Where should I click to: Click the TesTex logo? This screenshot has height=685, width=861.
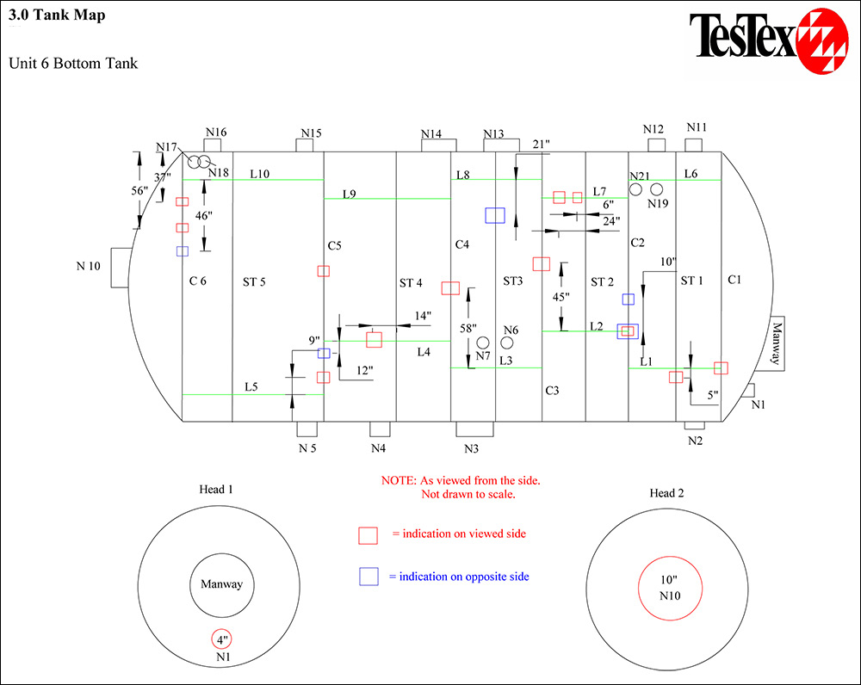point(769,40)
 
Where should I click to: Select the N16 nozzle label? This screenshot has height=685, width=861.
point(216,133)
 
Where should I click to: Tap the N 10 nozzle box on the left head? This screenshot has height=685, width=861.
point(121,268)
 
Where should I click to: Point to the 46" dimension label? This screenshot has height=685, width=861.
point(204,216)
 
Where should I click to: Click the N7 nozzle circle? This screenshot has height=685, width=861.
point(483,342)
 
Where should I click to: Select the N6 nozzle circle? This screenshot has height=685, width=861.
point(507,342)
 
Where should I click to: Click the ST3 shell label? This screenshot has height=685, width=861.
point(513,281)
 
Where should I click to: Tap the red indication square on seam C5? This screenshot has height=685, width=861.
point(324,271)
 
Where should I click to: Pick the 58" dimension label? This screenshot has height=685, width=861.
point(468,328)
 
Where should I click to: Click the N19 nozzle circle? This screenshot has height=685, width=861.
point(657,189)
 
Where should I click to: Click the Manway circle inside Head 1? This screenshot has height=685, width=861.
point(222,554)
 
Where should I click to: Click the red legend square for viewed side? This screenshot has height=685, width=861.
point(368,535)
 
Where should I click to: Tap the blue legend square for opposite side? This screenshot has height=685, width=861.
point(369,577)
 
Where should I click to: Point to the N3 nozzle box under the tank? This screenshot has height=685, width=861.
point(474,429)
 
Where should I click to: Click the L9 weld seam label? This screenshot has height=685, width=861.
point(350,194)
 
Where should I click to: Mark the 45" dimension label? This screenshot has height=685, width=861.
point(561,297)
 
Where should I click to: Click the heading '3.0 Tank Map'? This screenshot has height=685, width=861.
point(57,15)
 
